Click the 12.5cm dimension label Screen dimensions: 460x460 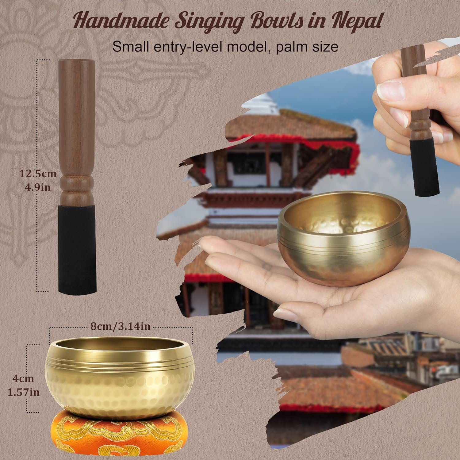38,174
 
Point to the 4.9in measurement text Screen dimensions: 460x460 38,187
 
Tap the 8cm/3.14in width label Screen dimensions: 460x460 120,326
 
